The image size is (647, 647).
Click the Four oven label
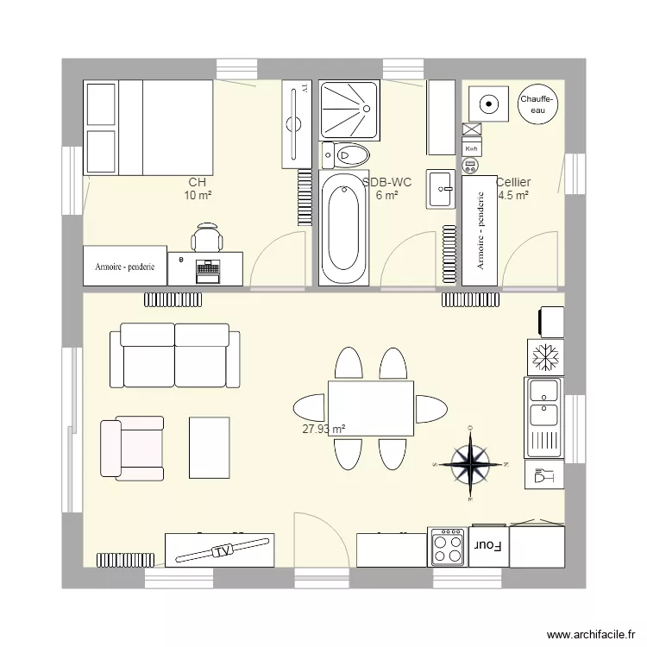click(488, 546)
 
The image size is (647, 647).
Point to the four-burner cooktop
click(449, 546)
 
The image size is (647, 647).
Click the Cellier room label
click(513, 183)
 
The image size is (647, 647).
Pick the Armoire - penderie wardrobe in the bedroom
click(124, 267)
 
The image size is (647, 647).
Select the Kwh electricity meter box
click(471, 149)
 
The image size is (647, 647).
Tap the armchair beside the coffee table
click(131, 448)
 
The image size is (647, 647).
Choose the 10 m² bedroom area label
click(198, 196)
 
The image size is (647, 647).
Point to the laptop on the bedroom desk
click(208, 270)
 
